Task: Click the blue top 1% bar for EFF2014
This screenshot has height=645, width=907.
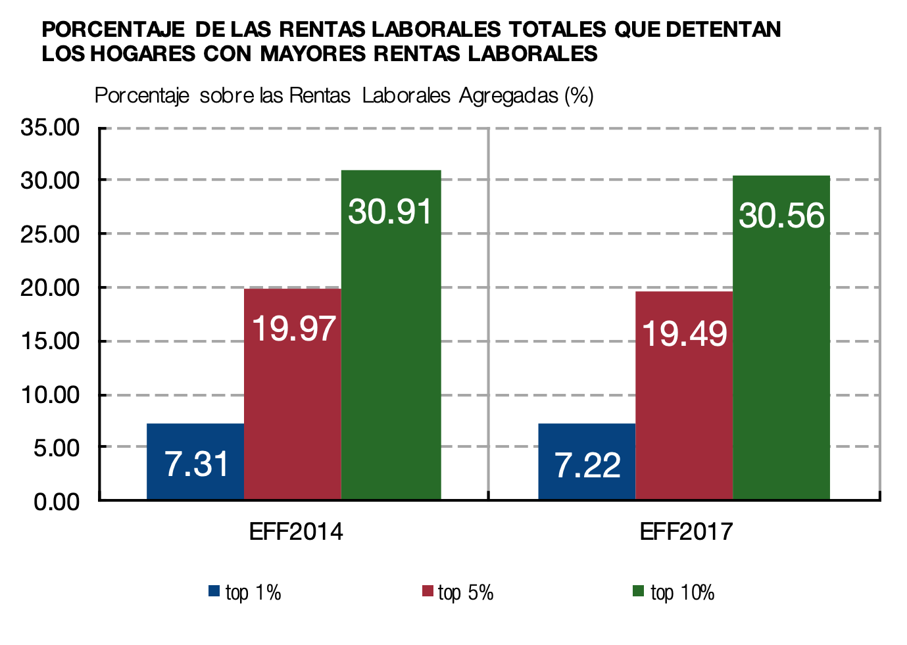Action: pos(195,462)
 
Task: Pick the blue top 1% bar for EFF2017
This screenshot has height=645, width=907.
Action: pos(587,462)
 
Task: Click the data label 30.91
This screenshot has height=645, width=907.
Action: pos(391,212)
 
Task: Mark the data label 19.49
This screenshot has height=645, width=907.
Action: pos(684,333)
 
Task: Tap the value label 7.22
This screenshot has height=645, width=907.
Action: pos(587,466)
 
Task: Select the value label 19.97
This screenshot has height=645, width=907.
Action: pos(293,328)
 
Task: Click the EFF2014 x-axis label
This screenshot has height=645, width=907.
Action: pos(296,531)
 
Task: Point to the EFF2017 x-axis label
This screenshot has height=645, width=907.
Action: pos(686,531)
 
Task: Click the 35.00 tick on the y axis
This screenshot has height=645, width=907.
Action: pos(50,127)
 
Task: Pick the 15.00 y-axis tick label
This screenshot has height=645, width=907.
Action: pos(50,341)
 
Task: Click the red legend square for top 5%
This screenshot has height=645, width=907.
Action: pos(428,591)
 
